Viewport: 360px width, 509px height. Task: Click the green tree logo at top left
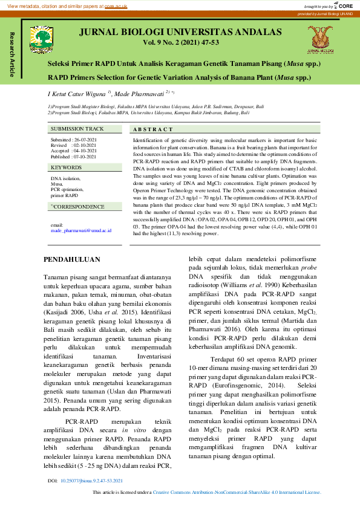click(43, 37)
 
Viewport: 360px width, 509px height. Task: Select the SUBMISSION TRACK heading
click(77, 129)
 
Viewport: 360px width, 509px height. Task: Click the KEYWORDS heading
click(66, 167)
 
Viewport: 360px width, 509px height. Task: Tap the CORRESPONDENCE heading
click(78, 207)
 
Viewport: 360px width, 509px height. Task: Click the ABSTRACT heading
click(148, 129)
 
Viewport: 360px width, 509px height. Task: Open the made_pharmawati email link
click(80, 231)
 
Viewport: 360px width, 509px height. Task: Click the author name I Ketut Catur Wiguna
click(77, 94)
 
